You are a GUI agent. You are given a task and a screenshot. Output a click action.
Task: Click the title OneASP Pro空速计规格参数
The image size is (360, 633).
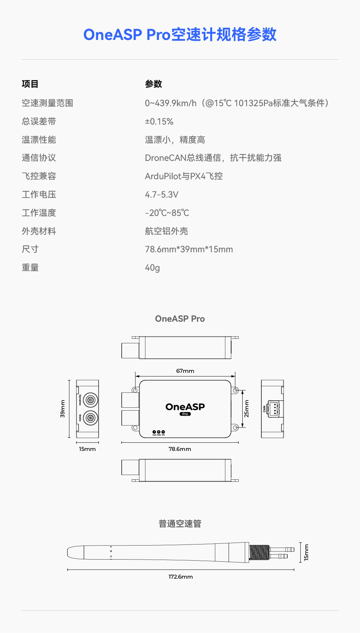click(180, 35)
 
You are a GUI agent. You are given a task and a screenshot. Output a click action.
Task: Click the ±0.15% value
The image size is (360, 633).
click(159, 122)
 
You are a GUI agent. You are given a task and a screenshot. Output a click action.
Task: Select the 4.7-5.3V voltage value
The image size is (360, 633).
click(162, 195)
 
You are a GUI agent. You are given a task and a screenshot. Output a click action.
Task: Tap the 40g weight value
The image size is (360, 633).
click(152, 268)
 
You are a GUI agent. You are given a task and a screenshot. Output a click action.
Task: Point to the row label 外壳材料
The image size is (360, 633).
click(39, 231)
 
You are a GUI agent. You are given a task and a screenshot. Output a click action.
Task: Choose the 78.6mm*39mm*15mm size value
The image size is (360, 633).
click(189, 249)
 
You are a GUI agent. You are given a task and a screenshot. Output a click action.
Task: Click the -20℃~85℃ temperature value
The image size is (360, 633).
click(167, 213)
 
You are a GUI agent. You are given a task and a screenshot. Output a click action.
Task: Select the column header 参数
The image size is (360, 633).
click(154, 84)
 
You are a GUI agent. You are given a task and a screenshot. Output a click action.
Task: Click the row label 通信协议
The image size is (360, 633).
click(39, 158)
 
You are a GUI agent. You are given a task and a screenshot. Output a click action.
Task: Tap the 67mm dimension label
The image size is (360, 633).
click(185, 371)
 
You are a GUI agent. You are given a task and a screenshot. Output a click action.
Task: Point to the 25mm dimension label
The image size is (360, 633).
click(247, 409)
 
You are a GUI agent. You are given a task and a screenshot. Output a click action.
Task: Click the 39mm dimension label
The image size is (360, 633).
click(63, 409)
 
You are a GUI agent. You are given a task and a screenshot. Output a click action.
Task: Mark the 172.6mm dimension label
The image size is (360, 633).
click(181, 577)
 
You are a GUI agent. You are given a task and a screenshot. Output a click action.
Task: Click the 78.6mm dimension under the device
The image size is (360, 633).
click(180, 449)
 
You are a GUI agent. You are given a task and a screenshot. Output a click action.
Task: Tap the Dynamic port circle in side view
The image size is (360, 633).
click(90, 400)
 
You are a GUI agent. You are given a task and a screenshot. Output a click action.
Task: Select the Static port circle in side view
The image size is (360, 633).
click(90, 418)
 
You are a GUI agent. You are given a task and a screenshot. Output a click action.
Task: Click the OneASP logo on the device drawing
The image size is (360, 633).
click(185, 407)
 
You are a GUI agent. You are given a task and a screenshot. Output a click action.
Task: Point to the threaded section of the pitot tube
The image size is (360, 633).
click(259, 552)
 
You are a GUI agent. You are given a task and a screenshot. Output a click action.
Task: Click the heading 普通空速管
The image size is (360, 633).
click(180, 524)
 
